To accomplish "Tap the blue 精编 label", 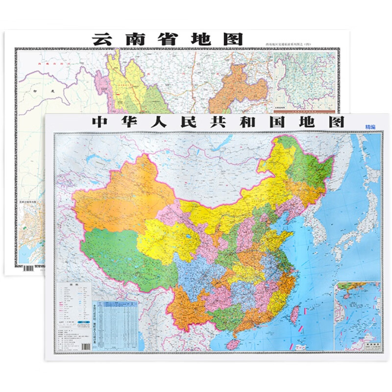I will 370,127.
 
